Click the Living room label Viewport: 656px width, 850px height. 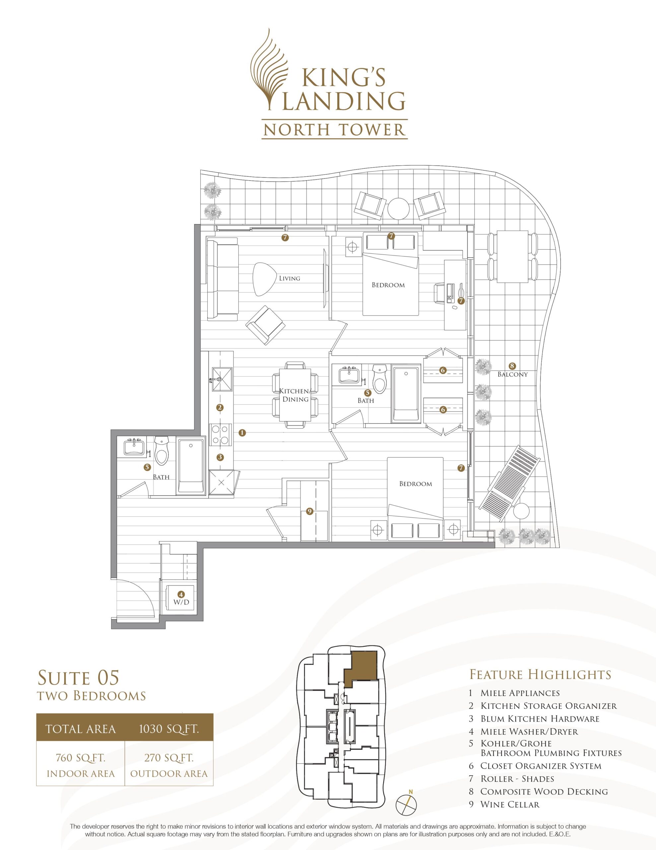tap(289, 278)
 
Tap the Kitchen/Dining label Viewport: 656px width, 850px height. tap(295, 395)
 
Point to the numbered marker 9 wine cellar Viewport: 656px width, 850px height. tap(309, 511)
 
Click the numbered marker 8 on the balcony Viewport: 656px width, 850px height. tap(512, 366)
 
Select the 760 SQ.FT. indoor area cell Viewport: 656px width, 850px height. tap(81, 764)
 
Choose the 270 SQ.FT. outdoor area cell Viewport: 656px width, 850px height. tap(169, 764)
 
